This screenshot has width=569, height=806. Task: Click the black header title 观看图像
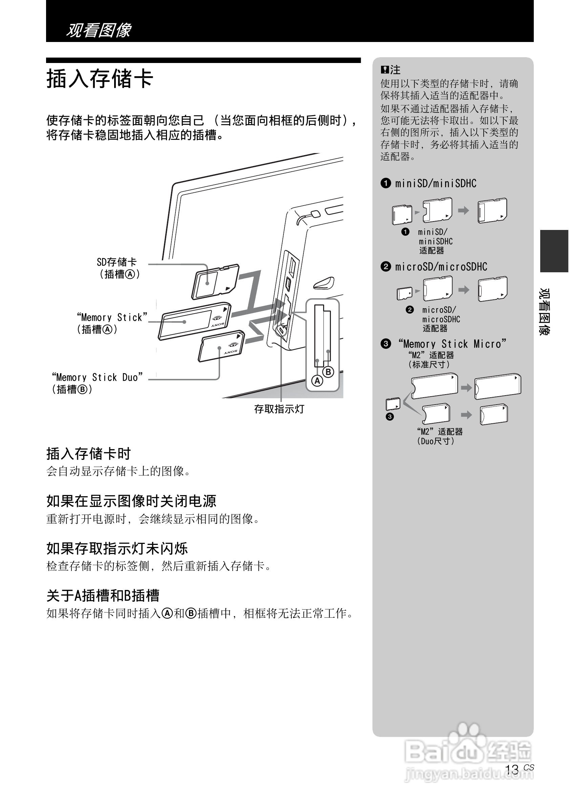pyautogui.click(x=99, y=30)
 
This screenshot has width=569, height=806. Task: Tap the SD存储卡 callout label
pyautogui.click(x=117, y=262)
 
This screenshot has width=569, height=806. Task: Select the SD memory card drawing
pyautogui.click(x=215, y=281)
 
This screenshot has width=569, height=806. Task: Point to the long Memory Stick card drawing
pyautogui.click(x=194, y=321)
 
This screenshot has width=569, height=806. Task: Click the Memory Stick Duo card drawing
pyautogui.click(x=221, y=346)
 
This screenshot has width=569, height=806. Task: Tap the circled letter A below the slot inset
pyautogui.click(x=317, y=381)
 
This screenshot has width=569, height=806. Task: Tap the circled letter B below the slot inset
pyautogui.click(x=328, y=372)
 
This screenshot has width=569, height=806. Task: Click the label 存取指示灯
pyautogui.click(x=279, y=409)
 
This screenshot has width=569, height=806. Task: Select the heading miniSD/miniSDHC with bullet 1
pyautogui.click(x=428, y=183)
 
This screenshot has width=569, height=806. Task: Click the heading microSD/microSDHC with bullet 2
pyautogui.click(x=434, y=267)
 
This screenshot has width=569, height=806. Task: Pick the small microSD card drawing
pyautogui.click(x=404, y=293)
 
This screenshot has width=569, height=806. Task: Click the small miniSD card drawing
pyautogui.click(x=402, y=214)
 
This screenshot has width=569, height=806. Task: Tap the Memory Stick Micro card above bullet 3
pyautogui.click(x=393, y=404)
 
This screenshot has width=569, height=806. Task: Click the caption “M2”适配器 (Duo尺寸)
pyautogui.click(x=439, y=436)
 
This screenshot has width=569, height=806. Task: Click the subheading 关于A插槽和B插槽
pyautogui.click(x=103, y=596)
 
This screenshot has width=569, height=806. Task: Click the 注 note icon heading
pyautogui.click(x=390, y=69)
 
